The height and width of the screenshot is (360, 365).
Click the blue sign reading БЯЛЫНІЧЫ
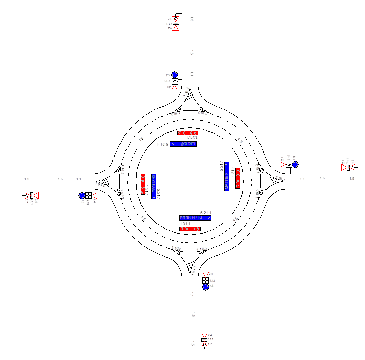point(195,218)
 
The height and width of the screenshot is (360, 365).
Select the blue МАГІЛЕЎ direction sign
point(227,177)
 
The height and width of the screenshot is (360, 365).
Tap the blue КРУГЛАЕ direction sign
point(154,186)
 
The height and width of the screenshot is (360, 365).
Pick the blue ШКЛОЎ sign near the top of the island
point(183,144)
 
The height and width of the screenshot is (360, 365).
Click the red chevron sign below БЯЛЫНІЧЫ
point(190,229)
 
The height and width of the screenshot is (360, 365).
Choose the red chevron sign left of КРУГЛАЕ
point(143,184)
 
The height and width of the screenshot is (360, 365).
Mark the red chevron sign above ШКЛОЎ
point(188,133)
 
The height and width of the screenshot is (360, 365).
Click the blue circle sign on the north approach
point(175,74)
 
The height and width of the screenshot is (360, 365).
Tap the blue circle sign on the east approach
point(295,164)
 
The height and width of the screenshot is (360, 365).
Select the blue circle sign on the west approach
point(82,196)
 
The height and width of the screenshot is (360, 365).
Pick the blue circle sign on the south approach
point(205,287)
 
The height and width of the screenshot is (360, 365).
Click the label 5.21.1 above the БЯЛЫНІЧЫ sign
point(205,213)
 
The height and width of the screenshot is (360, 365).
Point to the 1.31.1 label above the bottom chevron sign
point(185,224)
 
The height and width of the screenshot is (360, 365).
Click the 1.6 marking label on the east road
point(322,178)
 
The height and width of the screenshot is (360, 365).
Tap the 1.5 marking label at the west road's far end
point(27,179)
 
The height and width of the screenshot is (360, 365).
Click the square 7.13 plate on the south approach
point(205,280)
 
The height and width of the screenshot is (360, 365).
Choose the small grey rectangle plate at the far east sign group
point(348,168)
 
